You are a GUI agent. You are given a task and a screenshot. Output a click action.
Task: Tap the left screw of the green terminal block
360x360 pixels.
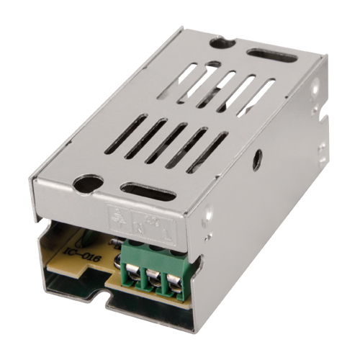pyautogui.click(x=135, y=283)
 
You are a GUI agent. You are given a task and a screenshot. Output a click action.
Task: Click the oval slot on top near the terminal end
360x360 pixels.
pyautogui.click(x=148, y=192)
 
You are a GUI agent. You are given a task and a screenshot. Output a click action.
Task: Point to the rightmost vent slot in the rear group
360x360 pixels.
pyautogui.click(x=256, y=89)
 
